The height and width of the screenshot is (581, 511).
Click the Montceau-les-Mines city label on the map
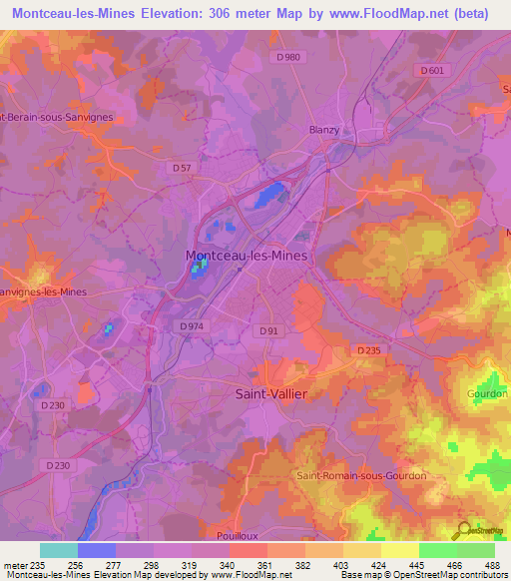(247, 256)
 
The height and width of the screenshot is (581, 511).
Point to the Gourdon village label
(486, 393)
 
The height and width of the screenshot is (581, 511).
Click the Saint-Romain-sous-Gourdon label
(360, 475)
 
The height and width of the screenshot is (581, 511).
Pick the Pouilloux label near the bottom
(264, 536)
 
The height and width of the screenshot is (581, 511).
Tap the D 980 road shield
(287, 57)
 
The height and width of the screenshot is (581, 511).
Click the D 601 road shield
(431, 70)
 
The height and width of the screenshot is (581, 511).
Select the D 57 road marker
(181, 168)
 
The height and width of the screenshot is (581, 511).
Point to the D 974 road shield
(195, 326)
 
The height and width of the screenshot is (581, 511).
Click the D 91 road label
(267, 330)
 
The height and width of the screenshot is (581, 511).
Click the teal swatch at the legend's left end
(58, 550)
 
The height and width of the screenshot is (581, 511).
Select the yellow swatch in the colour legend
(399, 550)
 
